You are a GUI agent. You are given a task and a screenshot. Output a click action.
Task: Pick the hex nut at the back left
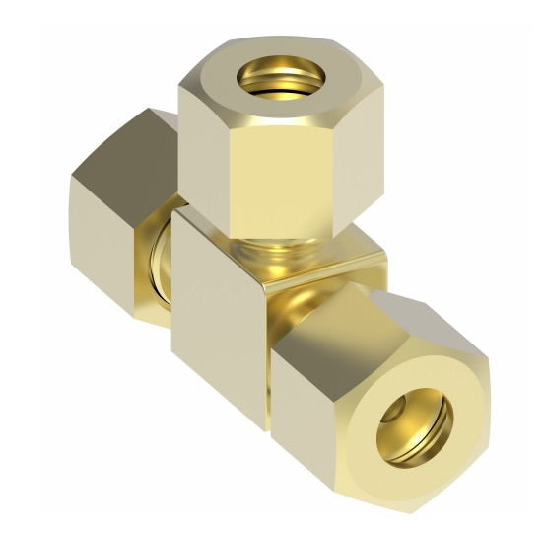point(113,212)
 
